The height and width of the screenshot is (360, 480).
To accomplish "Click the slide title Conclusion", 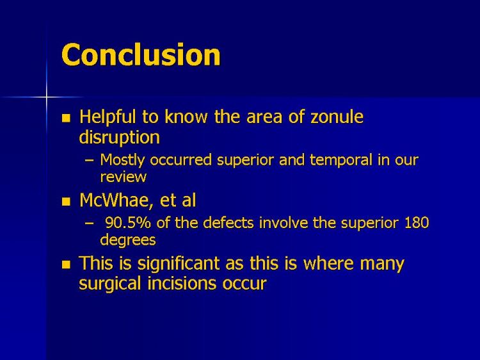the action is click(x=141, y=54).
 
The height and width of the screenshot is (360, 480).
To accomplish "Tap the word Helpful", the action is click(x=108, y=117).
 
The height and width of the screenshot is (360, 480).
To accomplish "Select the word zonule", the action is click(x=337, y=117).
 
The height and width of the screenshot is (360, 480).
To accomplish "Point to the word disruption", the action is click(x=120, y=137).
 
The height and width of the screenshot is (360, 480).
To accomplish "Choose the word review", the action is click(x=124, y=177).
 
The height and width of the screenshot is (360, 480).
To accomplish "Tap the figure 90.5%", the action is click(x=128, y=223).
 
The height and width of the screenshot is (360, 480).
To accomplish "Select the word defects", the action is click(x=228, y=223).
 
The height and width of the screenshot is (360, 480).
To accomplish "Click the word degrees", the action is click(x=128, y=240).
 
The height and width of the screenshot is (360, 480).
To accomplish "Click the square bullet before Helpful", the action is click(x=66, y=119).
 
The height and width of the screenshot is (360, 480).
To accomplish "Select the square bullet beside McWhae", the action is click(x=66, y=202).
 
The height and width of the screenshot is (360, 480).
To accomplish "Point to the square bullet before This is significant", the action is click(x=66, y=265).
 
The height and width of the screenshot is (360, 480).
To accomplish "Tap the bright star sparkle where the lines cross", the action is click(x=47, y=97).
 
